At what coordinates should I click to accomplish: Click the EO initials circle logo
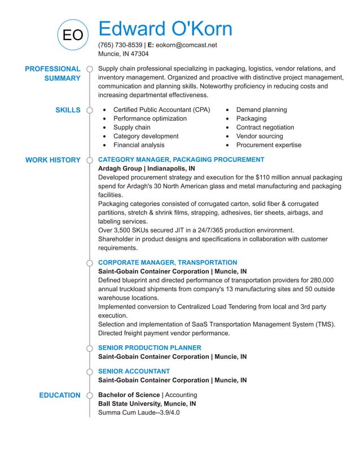tap(72, 35)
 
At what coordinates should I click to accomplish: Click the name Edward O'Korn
tap(165, 29)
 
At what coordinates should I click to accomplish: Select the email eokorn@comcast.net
tap(186, 45)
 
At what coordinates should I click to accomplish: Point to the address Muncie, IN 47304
tap(124, 54)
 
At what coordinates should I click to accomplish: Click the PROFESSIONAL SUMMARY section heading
tap(52, 73)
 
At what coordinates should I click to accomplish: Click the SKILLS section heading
tap(68, 110)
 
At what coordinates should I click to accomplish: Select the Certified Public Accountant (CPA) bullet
tap(161, 109)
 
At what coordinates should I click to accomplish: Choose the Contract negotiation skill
tap(265, 128)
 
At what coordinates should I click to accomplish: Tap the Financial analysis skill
tap(139, 145)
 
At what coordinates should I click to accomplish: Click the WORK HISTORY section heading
tap(53, 160)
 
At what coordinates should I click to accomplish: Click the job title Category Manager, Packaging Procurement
tap(181, 160)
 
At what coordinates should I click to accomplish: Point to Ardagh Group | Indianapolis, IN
tap(147, 169)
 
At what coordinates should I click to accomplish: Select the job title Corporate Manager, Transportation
tap(168, 262)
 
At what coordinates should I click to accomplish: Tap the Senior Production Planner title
tap(149, 348)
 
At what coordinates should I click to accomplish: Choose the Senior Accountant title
tap(134, 371)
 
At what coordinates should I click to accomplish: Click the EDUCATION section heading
tap(60, 395)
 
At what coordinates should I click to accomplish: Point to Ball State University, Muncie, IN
tap(147, 404)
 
